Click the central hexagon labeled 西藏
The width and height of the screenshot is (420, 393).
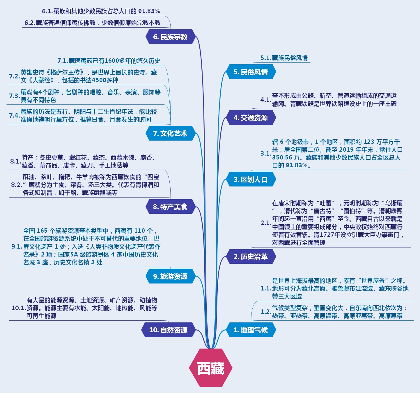tap(211, 368)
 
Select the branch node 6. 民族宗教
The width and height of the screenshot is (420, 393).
tap(170, 37)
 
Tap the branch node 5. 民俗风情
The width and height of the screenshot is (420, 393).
tap(251, 72)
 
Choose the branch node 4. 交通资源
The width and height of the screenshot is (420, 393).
tap(251, 118)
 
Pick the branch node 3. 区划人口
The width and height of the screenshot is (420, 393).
tap(251, 180)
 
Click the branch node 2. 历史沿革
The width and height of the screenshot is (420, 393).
tap(251, 256)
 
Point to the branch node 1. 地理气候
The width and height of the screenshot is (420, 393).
tap(251, 330)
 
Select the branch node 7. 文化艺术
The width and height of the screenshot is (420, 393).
tap(170, 134)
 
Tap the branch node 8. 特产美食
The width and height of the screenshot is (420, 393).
tap(170, 207)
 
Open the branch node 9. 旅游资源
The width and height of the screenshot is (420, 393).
tap(170, 276)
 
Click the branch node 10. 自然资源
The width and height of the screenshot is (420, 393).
tap(168, 330)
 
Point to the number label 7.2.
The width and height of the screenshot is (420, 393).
tap(14, 76)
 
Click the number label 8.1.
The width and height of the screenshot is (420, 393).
tap(15, 161)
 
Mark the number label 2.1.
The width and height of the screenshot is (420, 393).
tap(266, 223)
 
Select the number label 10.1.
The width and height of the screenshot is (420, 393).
tap(19, 308)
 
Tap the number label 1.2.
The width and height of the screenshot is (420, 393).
tap(266, 312)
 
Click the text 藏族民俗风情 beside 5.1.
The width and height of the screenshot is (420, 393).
tap(290, 58)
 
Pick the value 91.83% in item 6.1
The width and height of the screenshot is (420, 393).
tap(149, 11)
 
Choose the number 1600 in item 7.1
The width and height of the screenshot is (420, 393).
tap(111, 61)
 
